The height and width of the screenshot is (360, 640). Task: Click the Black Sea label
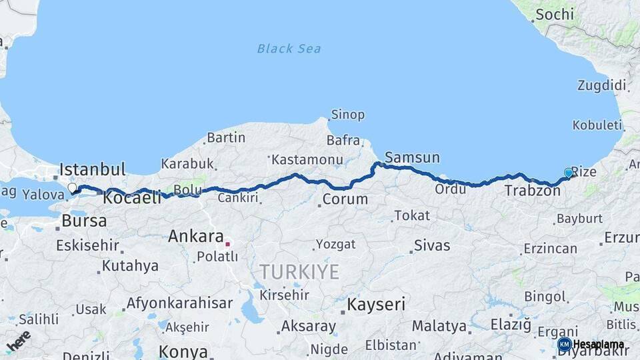(x=289, y=48)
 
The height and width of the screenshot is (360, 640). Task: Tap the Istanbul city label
(x=93, y=169)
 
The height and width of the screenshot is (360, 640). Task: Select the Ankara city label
(x=195, y=236)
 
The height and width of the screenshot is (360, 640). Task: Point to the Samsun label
(x=412, y=157)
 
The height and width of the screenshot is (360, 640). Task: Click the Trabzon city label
(x=532, y=191)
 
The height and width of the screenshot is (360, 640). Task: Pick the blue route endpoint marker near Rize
(x=568, y=173)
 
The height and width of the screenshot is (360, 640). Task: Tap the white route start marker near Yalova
(x=72, y=189)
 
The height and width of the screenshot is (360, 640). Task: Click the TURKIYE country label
(x=299, y=271)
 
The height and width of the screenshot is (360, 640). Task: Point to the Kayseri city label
(x=375, y=305)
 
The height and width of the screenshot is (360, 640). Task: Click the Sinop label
(x=348, y=115)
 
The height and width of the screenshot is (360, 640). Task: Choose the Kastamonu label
(x=307, y=159)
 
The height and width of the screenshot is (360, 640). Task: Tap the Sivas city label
(x=432, y=245)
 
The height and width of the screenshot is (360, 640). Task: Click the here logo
(x=19, y=341)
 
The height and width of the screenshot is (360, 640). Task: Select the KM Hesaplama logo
(x=591, y=345)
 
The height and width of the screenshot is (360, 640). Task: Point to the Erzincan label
(x=550, y=249)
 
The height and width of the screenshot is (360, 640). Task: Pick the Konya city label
(x=183, y=351)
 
